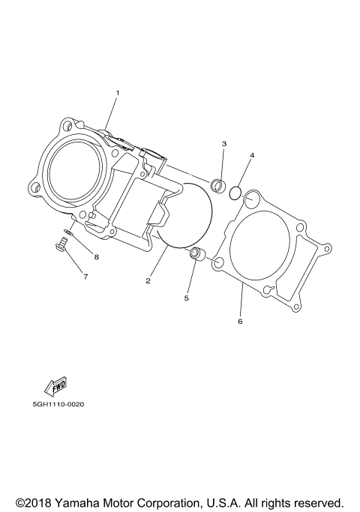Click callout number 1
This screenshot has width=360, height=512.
point(117,92)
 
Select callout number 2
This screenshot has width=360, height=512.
point(148,281)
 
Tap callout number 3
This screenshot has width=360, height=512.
point(223,143)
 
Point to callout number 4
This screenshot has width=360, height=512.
point(253,155)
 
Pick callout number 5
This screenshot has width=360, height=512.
point(187,298)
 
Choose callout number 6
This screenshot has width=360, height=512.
point(240,322)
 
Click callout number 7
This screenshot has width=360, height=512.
point(85,277)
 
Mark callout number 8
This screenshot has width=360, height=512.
point(96,257)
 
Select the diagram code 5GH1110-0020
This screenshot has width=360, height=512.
point(58,405)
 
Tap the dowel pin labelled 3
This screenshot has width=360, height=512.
point(218,183)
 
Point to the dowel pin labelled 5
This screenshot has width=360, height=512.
point(198,253)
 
